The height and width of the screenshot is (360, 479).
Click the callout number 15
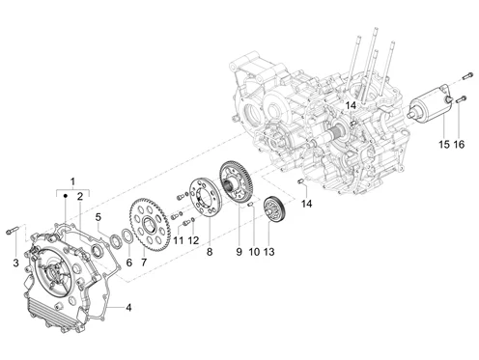(x=444, y=144)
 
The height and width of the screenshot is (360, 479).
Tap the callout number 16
(x=460, y=144)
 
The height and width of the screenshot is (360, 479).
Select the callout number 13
(x=269, y=251)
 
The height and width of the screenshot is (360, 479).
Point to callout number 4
(x=128, y=308)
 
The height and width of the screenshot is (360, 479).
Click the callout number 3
(x=15, y=263)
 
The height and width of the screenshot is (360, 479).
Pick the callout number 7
(x=144, y=263)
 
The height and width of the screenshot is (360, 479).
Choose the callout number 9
(x=239, y=251)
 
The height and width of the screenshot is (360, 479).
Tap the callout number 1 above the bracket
(x=72, y=181)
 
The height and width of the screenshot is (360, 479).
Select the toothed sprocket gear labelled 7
(x=147, y=225)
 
